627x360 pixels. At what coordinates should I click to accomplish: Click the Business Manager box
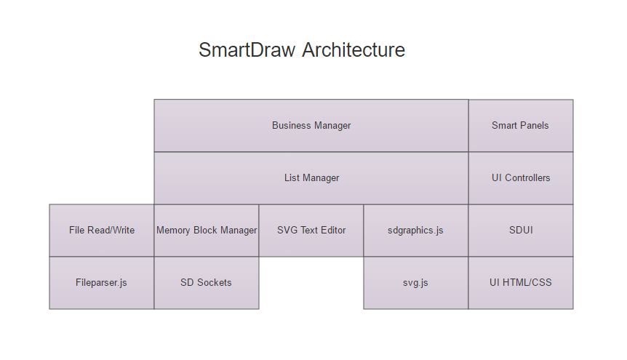[x=311, y=126]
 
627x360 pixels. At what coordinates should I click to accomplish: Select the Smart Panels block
[x=520, y=126]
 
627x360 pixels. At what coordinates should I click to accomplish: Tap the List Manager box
[x=311, y=178]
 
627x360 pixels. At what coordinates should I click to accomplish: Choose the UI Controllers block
[x=520, y=178]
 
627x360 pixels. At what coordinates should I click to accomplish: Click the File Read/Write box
[x=102, y=231]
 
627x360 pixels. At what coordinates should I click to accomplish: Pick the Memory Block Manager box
[x=207, y=231]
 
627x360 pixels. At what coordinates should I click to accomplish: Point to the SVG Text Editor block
[x=311, y=231]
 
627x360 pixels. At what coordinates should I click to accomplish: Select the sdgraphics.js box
[x=415, y=231]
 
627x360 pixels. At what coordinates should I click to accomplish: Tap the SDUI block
[x=520, y=231]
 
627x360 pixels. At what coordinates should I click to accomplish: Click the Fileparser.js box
[x=101, y=283]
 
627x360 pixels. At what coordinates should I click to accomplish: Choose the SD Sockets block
[x=206, y=283]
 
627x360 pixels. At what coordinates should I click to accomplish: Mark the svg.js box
[x=415, y=283]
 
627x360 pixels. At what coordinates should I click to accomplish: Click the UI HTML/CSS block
[x=520, y=283]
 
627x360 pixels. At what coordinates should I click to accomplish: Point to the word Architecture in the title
[x=354, y=50]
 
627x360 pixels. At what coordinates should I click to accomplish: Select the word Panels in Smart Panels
[x=535, y=126]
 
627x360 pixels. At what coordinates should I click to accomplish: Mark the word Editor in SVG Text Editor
[x=332, y=231]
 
